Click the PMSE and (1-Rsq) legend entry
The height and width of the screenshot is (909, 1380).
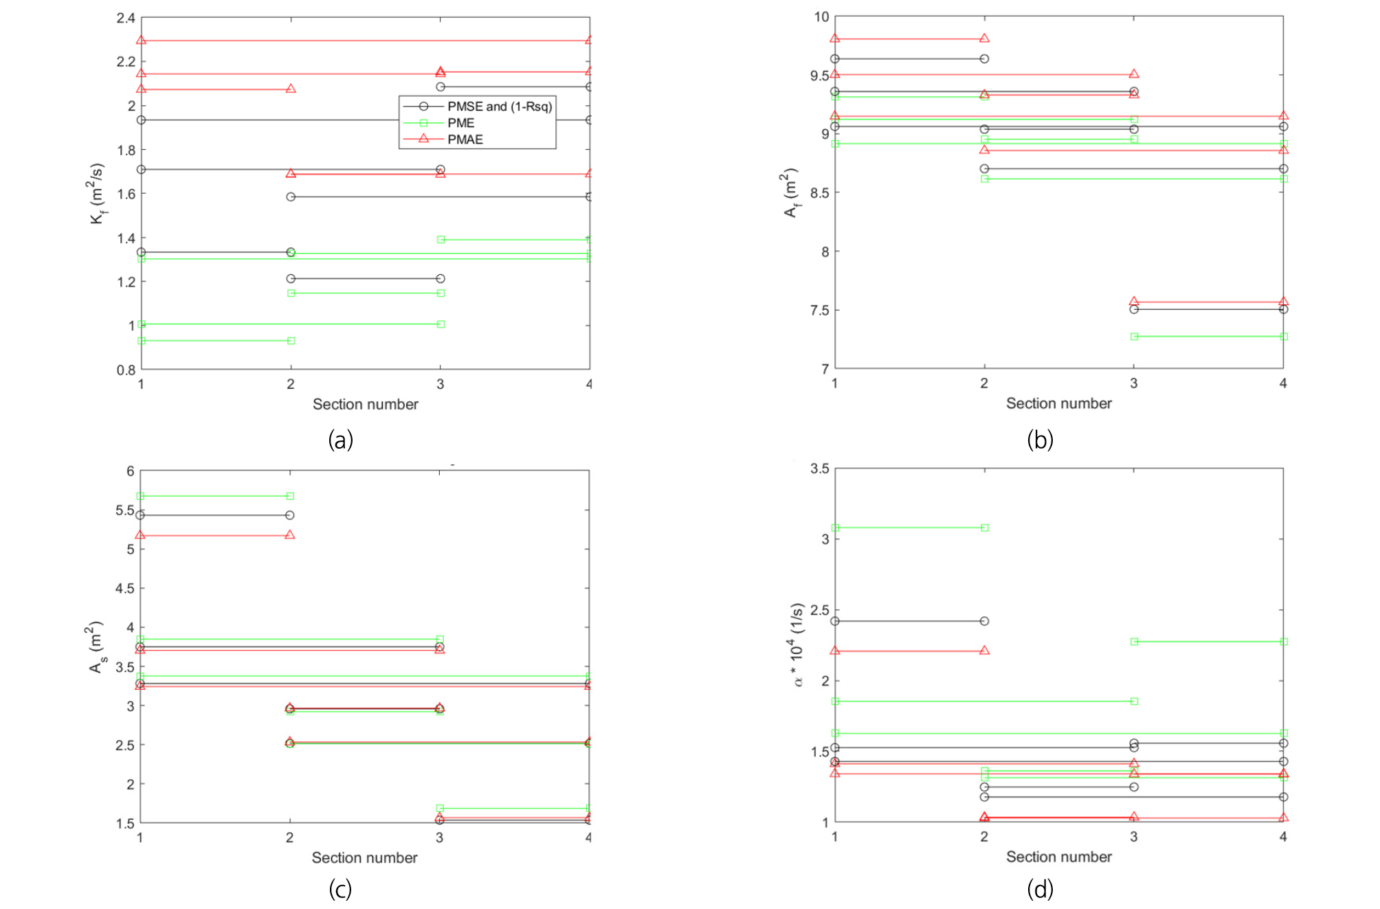pos(499,106)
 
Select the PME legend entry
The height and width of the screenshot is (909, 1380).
pos(460,123)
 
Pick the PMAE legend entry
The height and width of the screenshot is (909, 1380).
pos(465,139)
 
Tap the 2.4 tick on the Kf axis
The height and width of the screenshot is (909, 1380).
pos(126,18)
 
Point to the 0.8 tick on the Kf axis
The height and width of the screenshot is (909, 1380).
pos(126,370)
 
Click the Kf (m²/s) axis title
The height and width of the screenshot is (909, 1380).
pos(97,193)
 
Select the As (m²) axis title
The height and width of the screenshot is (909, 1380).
pos(97,647)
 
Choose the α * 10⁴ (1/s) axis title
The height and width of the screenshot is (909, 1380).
pos(797,644)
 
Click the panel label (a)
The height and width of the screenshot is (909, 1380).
pos(340,440)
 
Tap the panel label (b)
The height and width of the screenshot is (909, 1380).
pos(1040,440)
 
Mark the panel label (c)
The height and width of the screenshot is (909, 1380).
pos(340,889)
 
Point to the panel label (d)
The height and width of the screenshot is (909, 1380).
pos(1040,889)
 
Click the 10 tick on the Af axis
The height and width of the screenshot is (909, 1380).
pos(821,17)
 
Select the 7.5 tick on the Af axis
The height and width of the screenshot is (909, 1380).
pos(819,311)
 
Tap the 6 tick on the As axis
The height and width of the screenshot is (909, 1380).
pos(130,471)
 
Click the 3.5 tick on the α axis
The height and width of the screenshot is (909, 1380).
pos(819,469)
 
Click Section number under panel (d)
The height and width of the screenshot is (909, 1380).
pos(1058,857)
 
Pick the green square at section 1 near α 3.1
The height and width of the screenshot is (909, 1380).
pos(835,528)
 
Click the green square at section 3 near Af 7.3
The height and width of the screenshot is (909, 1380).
pos(1134,337)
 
